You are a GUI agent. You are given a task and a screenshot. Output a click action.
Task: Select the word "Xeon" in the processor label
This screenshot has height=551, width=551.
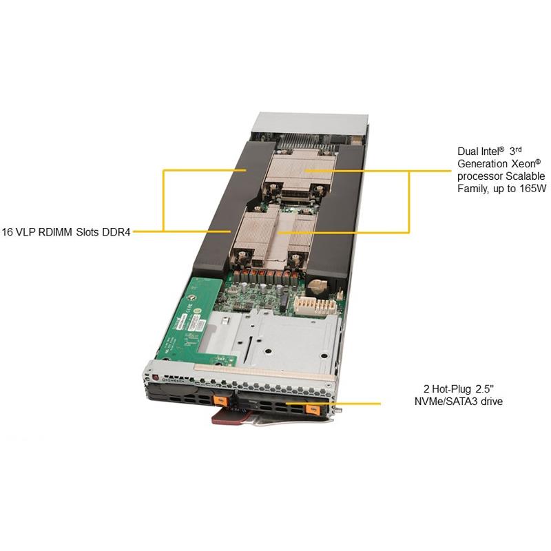[x=523, y=164]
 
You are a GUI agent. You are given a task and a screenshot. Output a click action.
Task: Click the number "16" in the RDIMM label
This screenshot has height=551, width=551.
[x=8, y=232]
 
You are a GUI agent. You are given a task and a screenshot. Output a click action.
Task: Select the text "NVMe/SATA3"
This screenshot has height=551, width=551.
[x=446, y=402]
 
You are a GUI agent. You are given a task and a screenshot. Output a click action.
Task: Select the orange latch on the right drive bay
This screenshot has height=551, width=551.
[x=312, y=409]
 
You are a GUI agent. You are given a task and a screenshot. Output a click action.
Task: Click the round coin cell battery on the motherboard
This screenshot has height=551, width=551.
[x=318, y=287]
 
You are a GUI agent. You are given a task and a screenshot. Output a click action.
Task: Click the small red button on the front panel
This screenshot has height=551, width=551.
[x=156, y=378]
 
